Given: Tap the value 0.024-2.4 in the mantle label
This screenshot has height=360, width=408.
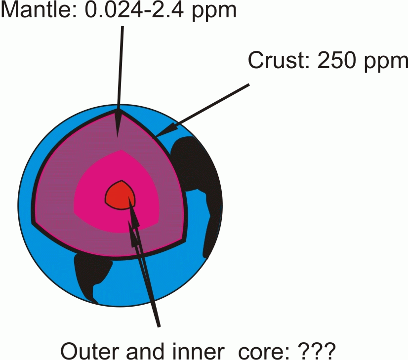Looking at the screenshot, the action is (134, 10).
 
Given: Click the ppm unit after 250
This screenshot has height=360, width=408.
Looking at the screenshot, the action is (386, 62).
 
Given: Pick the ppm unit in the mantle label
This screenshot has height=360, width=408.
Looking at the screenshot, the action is (214, 12).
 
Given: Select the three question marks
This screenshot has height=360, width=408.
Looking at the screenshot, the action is (317, 351).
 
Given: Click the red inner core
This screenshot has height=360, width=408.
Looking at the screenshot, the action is (120, 195).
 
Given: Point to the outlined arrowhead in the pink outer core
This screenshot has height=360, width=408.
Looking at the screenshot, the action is (133, 233).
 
